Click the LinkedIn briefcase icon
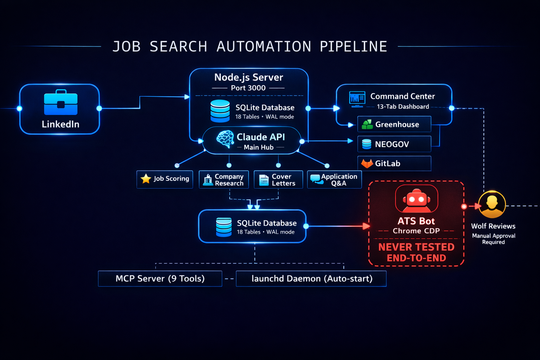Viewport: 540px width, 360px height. (60, 103)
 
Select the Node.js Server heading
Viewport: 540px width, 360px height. (249, 77)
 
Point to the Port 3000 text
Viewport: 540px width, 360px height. (248, 88)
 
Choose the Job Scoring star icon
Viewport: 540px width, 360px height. (146, 179)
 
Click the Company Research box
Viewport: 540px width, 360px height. (224, 180)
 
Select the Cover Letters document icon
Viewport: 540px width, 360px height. (264, 180)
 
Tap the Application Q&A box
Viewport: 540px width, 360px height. (334, 180)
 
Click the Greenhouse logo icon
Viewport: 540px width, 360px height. (367, 124)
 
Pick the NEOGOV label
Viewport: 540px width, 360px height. (392, 144)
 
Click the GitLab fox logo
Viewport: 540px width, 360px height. (367, 163)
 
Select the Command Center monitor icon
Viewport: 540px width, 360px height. (357, 99)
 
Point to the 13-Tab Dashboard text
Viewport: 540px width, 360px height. (403, 107)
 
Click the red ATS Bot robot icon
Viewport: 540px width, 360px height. (417, 199)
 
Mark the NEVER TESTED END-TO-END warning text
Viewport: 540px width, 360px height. (416, 252)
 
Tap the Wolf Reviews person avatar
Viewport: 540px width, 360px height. (492, 204)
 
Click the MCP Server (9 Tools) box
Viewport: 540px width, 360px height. (160, 278)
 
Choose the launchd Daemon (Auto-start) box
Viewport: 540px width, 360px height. (311, 278)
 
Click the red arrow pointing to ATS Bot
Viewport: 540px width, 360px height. (366, 226)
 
